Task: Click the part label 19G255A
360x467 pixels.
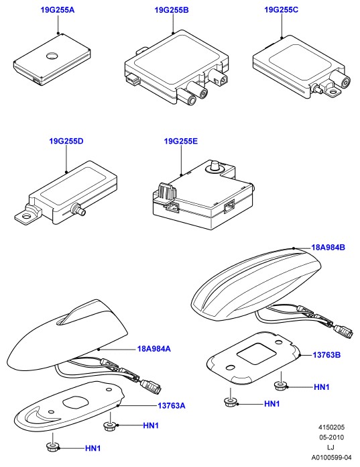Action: click(58, 10)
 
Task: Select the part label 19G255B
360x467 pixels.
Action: click(172, 10)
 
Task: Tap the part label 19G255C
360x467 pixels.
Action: click(281, 10)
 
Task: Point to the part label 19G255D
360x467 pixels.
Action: click(66, 141)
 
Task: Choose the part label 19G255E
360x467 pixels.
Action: click(181, 141)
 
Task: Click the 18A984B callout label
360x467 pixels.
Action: click(328, 248)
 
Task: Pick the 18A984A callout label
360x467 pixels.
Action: click(154, 348)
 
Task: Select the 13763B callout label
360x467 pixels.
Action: click(326, 355)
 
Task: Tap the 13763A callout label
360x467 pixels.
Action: click(172, 406)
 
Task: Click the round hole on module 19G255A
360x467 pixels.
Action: click(52, 55)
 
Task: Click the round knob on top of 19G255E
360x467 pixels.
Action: click(215, 165)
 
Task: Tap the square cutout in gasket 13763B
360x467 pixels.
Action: click(256, 353)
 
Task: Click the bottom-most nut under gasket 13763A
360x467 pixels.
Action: click(53, 446)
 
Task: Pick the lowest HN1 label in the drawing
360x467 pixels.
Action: click(93, 448)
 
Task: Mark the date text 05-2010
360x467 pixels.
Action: click(331, 437)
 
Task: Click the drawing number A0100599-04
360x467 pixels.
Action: click(331, 458)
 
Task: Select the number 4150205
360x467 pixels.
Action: click(331, 427)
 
